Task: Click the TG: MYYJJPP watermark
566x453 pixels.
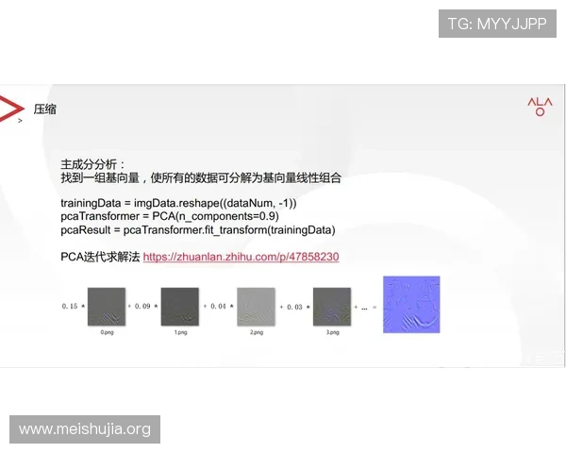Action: (x=497, y=24)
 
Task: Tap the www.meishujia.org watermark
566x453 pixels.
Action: (x=85, y=429)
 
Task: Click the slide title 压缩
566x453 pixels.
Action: (x=44, y=109)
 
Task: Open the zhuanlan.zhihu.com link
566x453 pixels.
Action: (x=241, y=257)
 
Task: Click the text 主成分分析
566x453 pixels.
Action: (x=91, y=163)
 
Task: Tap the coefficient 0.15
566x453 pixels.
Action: (x=70, y=307)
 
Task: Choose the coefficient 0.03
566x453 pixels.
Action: (x=294, y=307)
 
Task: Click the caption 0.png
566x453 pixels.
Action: (x=106, y=333)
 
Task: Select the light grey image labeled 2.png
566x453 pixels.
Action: (x=256, y=306)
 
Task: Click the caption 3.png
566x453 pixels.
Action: (x=331, y=333)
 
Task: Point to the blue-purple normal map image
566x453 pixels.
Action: (x=411, y=304)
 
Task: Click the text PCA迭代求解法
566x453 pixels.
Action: (x=100, y=257)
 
